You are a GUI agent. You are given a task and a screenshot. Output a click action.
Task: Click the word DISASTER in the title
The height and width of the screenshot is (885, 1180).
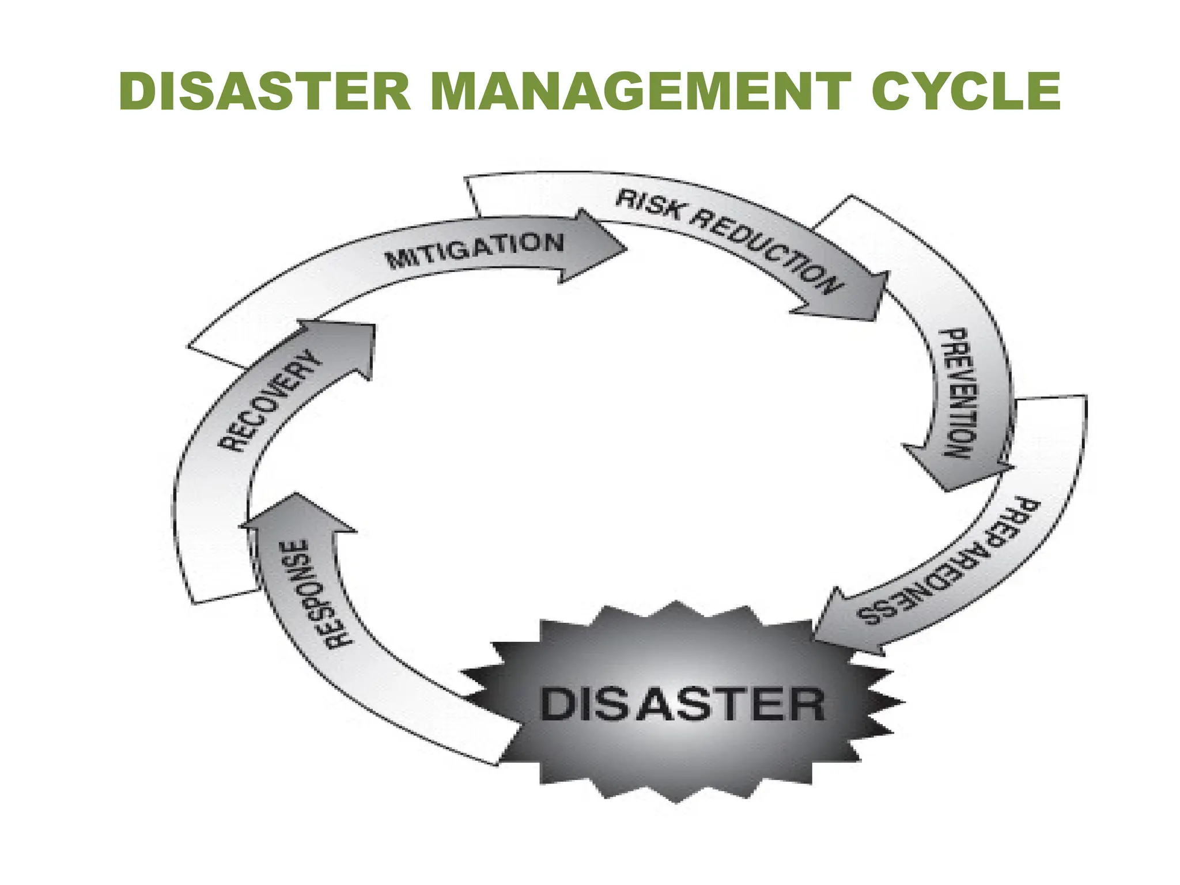tap(265, 91)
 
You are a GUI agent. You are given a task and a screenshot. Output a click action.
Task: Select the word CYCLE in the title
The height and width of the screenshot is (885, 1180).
tap(965, 91)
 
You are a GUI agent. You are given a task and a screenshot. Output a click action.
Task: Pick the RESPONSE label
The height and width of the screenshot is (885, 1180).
tap(314, 593)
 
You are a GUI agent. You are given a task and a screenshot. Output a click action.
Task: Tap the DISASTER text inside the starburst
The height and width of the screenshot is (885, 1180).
tap(683, 704)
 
